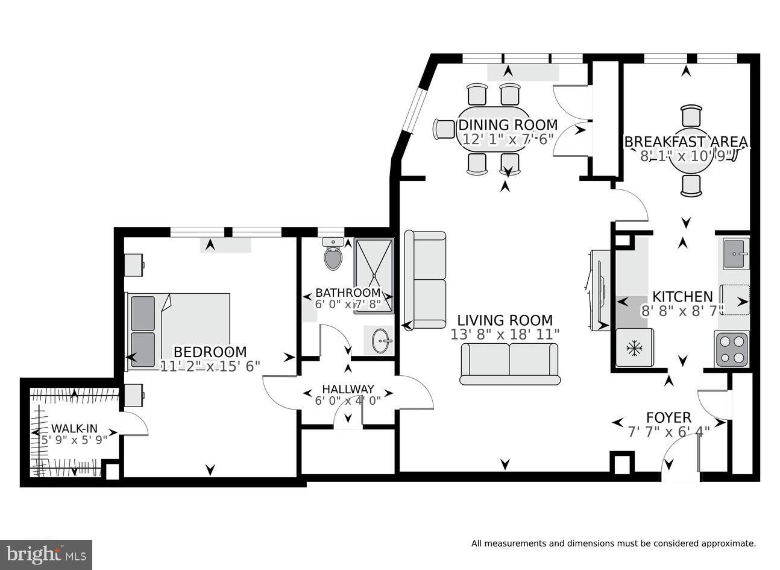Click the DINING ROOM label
(x=508, y=125)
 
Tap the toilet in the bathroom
(x=333, y=254)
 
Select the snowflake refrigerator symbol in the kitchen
(x=634, y=347)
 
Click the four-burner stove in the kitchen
(x=731, y=349)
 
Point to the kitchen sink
(x=736, y=254)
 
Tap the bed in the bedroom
(x=178, y=331)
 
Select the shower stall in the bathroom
(x=374, y=276)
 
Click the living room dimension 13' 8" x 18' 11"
(x=505, y=335)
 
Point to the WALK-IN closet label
(x=74, y=428)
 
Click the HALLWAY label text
(x=348, y=389)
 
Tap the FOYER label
(x=668, y=417)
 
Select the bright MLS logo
(x=46, y=555)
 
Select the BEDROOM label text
(x=210, y=352)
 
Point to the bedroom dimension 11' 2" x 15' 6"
(x=210, y=366)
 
